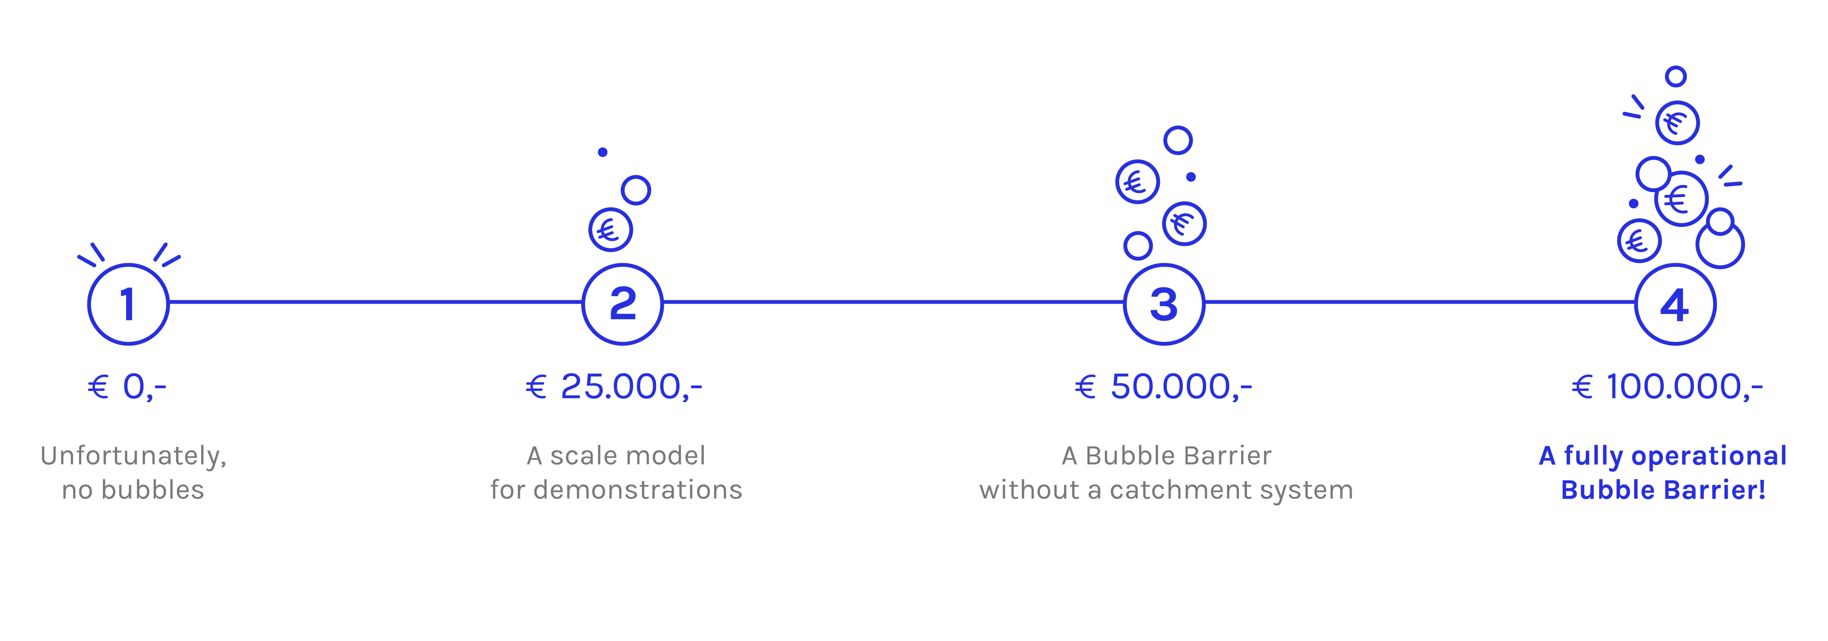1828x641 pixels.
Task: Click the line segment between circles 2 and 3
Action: coord(893,302)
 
